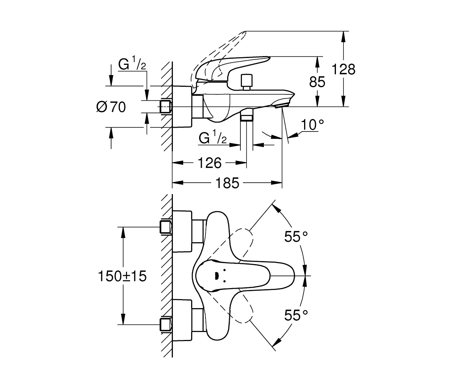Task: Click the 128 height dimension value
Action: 344,69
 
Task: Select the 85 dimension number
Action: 317,82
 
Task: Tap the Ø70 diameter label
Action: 111,107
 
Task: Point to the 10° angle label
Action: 312,125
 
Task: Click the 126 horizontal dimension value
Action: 209,163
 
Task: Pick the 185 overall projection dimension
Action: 227,183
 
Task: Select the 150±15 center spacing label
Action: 122,276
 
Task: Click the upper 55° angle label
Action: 296,236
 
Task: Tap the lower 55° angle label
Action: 296,315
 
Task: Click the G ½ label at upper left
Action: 132,63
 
